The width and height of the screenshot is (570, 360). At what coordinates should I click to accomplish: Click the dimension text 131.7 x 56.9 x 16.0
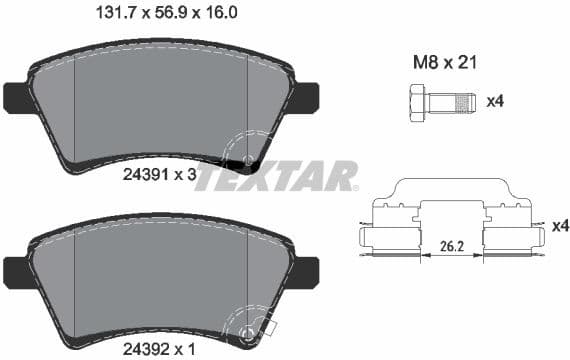pyautogui.click(x=171, y=15)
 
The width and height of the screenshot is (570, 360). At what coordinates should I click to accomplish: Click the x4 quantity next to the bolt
pyautogui.click(x=494, y=101)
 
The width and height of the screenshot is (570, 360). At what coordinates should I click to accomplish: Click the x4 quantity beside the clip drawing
pyautogui.click(x=559, y=226)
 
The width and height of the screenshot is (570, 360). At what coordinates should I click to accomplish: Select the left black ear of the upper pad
pyautogui.click(x=17, y=97)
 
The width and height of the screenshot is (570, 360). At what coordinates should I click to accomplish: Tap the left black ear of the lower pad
pyautogui.click(x=17, y=270)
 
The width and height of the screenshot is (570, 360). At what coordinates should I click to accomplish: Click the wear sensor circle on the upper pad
pyautogui.click(x=247, y=159)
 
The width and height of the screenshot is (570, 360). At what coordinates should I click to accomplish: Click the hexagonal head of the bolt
pyautogui.click(x=417, y=101)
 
